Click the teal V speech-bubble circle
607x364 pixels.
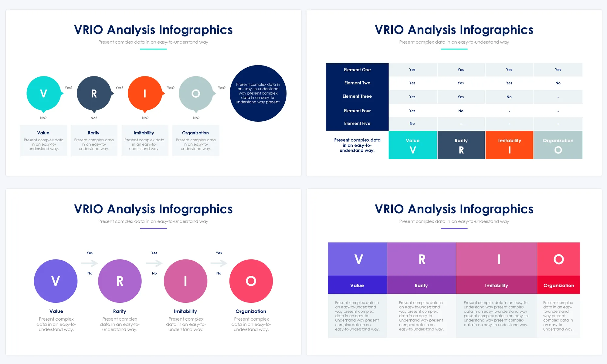44,93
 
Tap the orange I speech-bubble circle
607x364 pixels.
145,93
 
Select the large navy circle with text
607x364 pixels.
258,93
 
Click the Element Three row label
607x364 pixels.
357,96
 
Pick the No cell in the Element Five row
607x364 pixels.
412,124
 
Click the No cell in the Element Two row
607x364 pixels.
558,83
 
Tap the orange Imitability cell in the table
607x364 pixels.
509,145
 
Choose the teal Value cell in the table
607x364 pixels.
413,145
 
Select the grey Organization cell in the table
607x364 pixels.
558,145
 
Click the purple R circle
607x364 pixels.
120,281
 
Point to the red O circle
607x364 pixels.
251,281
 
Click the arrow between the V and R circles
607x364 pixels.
90,263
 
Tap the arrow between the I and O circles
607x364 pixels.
219,263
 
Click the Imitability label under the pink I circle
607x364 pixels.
185,311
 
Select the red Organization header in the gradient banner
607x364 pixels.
559,285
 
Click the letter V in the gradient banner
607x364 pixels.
359,259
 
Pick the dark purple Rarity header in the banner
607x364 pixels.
422,285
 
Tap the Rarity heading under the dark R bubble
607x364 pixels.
94,133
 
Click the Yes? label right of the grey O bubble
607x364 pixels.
222,88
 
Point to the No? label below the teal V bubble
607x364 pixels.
43,118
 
